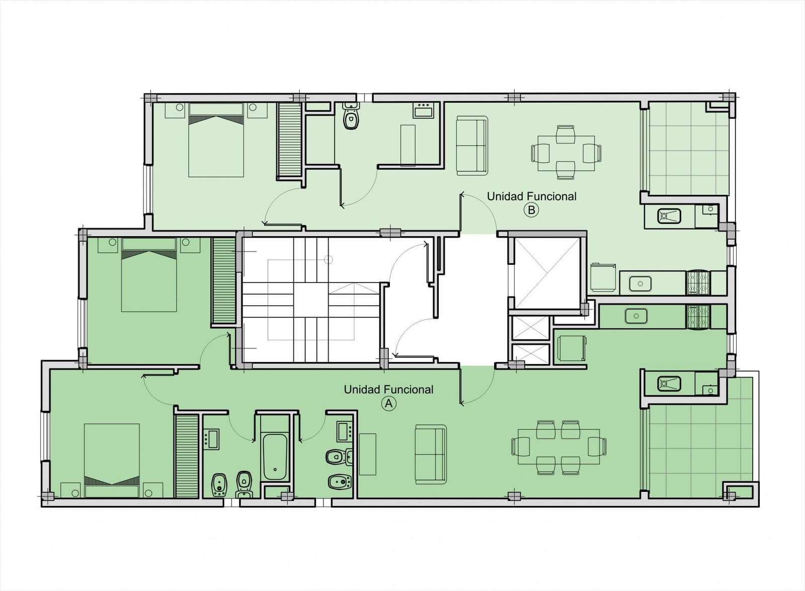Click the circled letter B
[x=531, y=210]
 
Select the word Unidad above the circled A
[x=362, y=389]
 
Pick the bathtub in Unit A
[x=275, y=457]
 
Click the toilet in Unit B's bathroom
[x=351, y=115]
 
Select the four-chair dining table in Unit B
[x=566, y=153]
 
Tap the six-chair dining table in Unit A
[x=559, y=447]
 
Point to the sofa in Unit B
[x=472, y=146]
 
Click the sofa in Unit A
[x=431, y=455]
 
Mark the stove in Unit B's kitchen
[x=698, y=283]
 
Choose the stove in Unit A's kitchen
[x=698, y=317]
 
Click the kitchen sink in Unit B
[x=640, y=283]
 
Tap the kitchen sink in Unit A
[x=636, y=316]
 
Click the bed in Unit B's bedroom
[x=216, y=140]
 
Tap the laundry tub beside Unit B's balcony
[x=669, y=216]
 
